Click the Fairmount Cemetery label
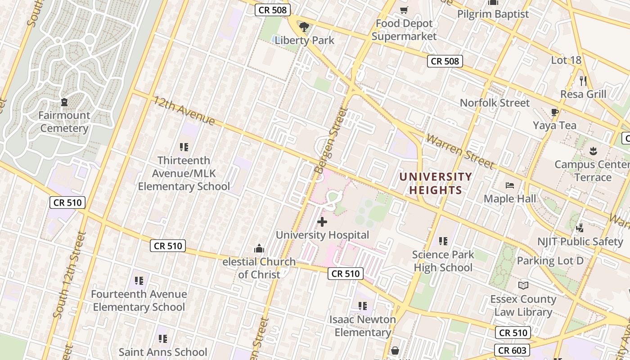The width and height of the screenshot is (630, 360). point(64,122)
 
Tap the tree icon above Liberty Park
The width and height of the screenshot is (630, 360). point(305,27)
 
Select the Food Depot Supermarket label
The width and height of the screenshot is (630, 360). point(404,30)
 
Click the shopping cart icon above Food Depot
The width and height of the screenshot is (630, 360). point(404,10)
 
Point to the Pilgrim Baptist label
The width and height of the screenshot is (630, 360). point(493,14)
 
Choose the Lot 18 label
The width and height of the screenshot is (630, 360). point(566,60)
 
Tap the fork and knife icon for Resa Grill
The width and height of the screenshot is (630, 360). point(583,81)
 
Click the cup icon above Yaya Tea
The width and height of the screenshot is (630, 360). point(554,112)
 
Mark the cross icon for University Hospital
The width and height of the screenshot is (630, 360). point(322,222)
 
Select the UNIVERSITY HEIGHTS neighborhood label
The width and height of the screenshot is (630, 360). point(436,183)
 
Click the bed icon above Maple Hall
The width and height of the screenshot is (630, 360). point(510,185)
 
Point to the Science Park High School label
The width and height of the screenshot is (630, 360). point(443,261)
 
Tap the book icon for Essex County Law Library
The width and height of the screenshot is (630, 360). point(523,285)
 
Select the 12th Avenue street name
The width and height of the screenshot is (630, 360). point(184,110)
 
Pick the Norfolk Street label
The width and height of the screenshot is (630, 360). point(495,103)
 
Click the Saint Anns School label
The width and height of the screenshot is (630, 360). point(163,352)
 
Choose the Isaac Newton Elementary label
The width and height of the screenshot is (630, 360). point(363,326)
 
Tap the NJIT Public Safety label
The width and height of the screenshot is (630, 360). point(580,242)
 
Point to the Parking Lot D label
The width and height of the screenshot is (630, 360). point(550,261)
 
